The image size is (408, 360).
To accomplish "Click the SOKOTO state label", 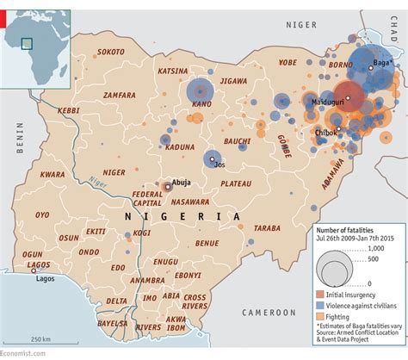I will tap(111, 52).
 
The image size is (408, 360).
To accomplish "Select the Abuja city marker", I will tap(167, 185).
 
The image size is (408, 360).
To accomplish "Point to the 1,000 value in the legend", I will tap(377, 248).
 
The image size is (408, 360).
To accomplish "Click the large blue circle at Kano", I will tap(200, 89).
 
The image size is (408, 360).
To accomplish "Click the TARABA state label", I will tap(268, 228).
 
